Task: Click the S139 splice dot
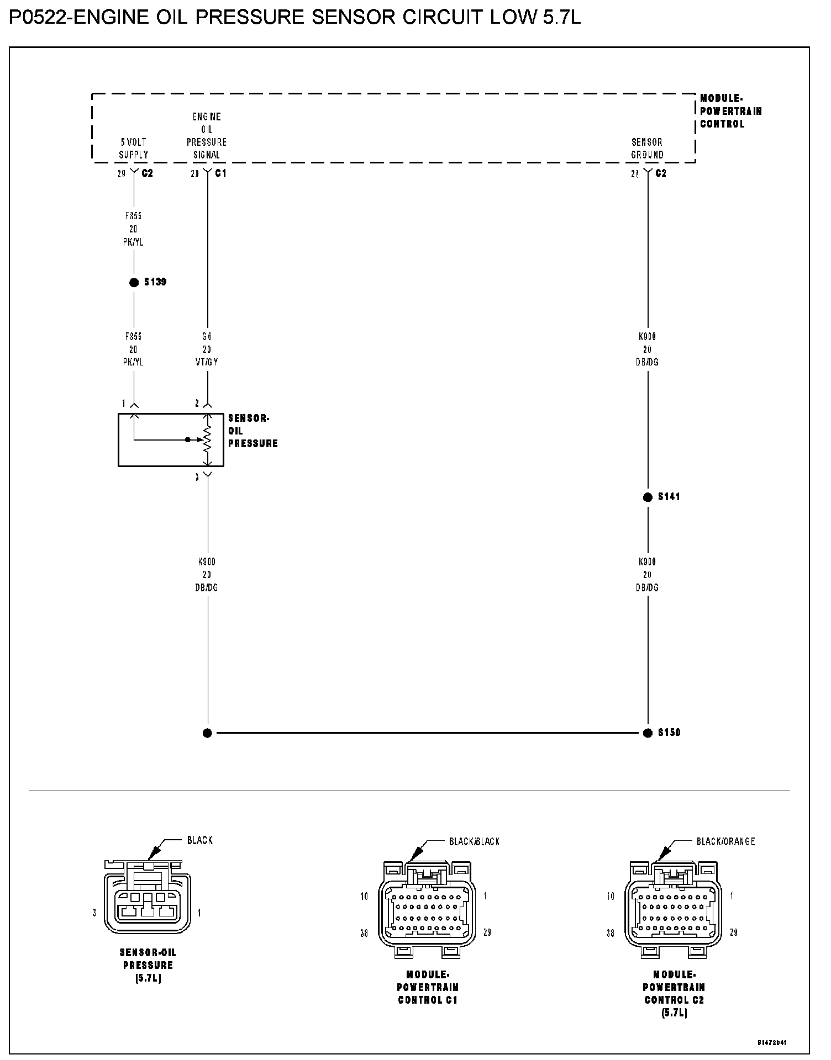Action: pos(134,283)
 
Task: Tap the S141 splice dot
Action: pos(648,497)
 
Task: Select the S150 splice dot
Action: pos(648,733)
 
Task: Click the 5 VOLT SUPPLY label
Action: pos(134,149)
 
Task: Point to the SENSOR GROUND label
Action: pos(647,149)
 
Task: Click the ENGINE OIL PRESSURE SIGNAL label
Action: pos(207,136)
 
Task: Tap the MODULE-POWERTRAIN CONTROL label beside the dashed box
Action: pos(730,111)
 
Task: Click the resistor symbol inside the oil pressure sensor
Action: pos(208,439)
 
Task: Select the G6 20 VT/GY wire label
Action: pos(207,349)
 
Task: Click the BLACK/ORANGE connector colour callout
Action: pos(725,841)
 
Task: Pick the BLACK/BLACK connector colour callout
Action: pos(474,841)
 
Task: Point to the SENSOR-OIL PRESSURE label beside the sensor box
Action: pos(253,431)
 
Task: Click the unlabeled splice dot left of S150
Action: pos(207,733)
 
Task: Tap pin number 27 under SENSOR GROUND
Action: pos(635,173)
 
